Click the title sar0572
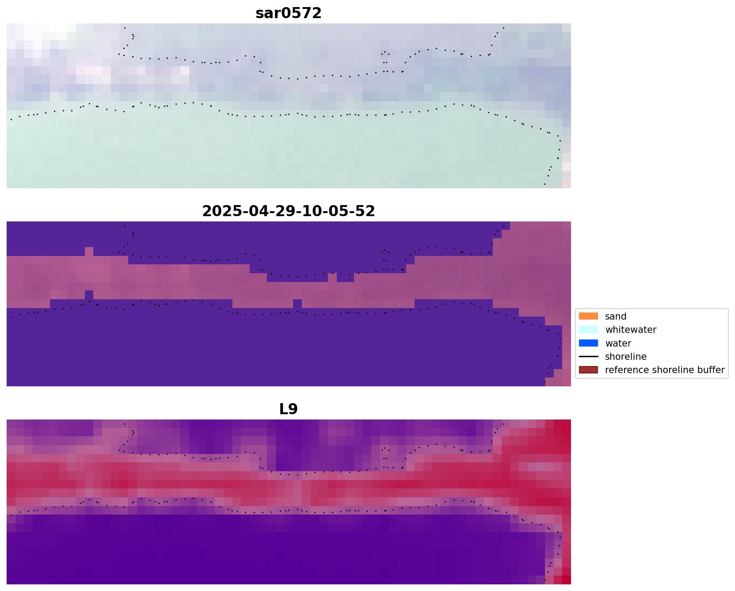coord(288,13)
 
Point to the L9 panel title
coord(288,409)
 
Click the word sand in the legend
coord(615,316)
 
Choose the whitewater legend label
coord(630,330)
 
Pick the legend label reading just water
coord(618,343)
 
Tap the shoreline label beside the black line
coord(625,357)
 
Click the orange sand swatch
coord(588,316)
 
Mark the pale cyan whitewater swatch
coord(588,330)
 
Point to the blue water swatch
coord(588,343)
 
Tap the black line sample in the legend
coord(588,357)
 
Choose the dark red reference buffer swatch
coord(588,370)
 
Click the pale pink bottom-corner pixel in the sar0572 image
coord(566,184)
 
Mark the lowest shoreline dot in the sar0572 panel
coord(545,184)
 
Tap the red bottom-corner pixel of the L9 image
coord(566,580)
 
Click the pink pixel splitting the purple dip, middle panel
coord(332,278)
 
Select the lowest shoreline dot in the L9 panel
coord(545,580)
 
